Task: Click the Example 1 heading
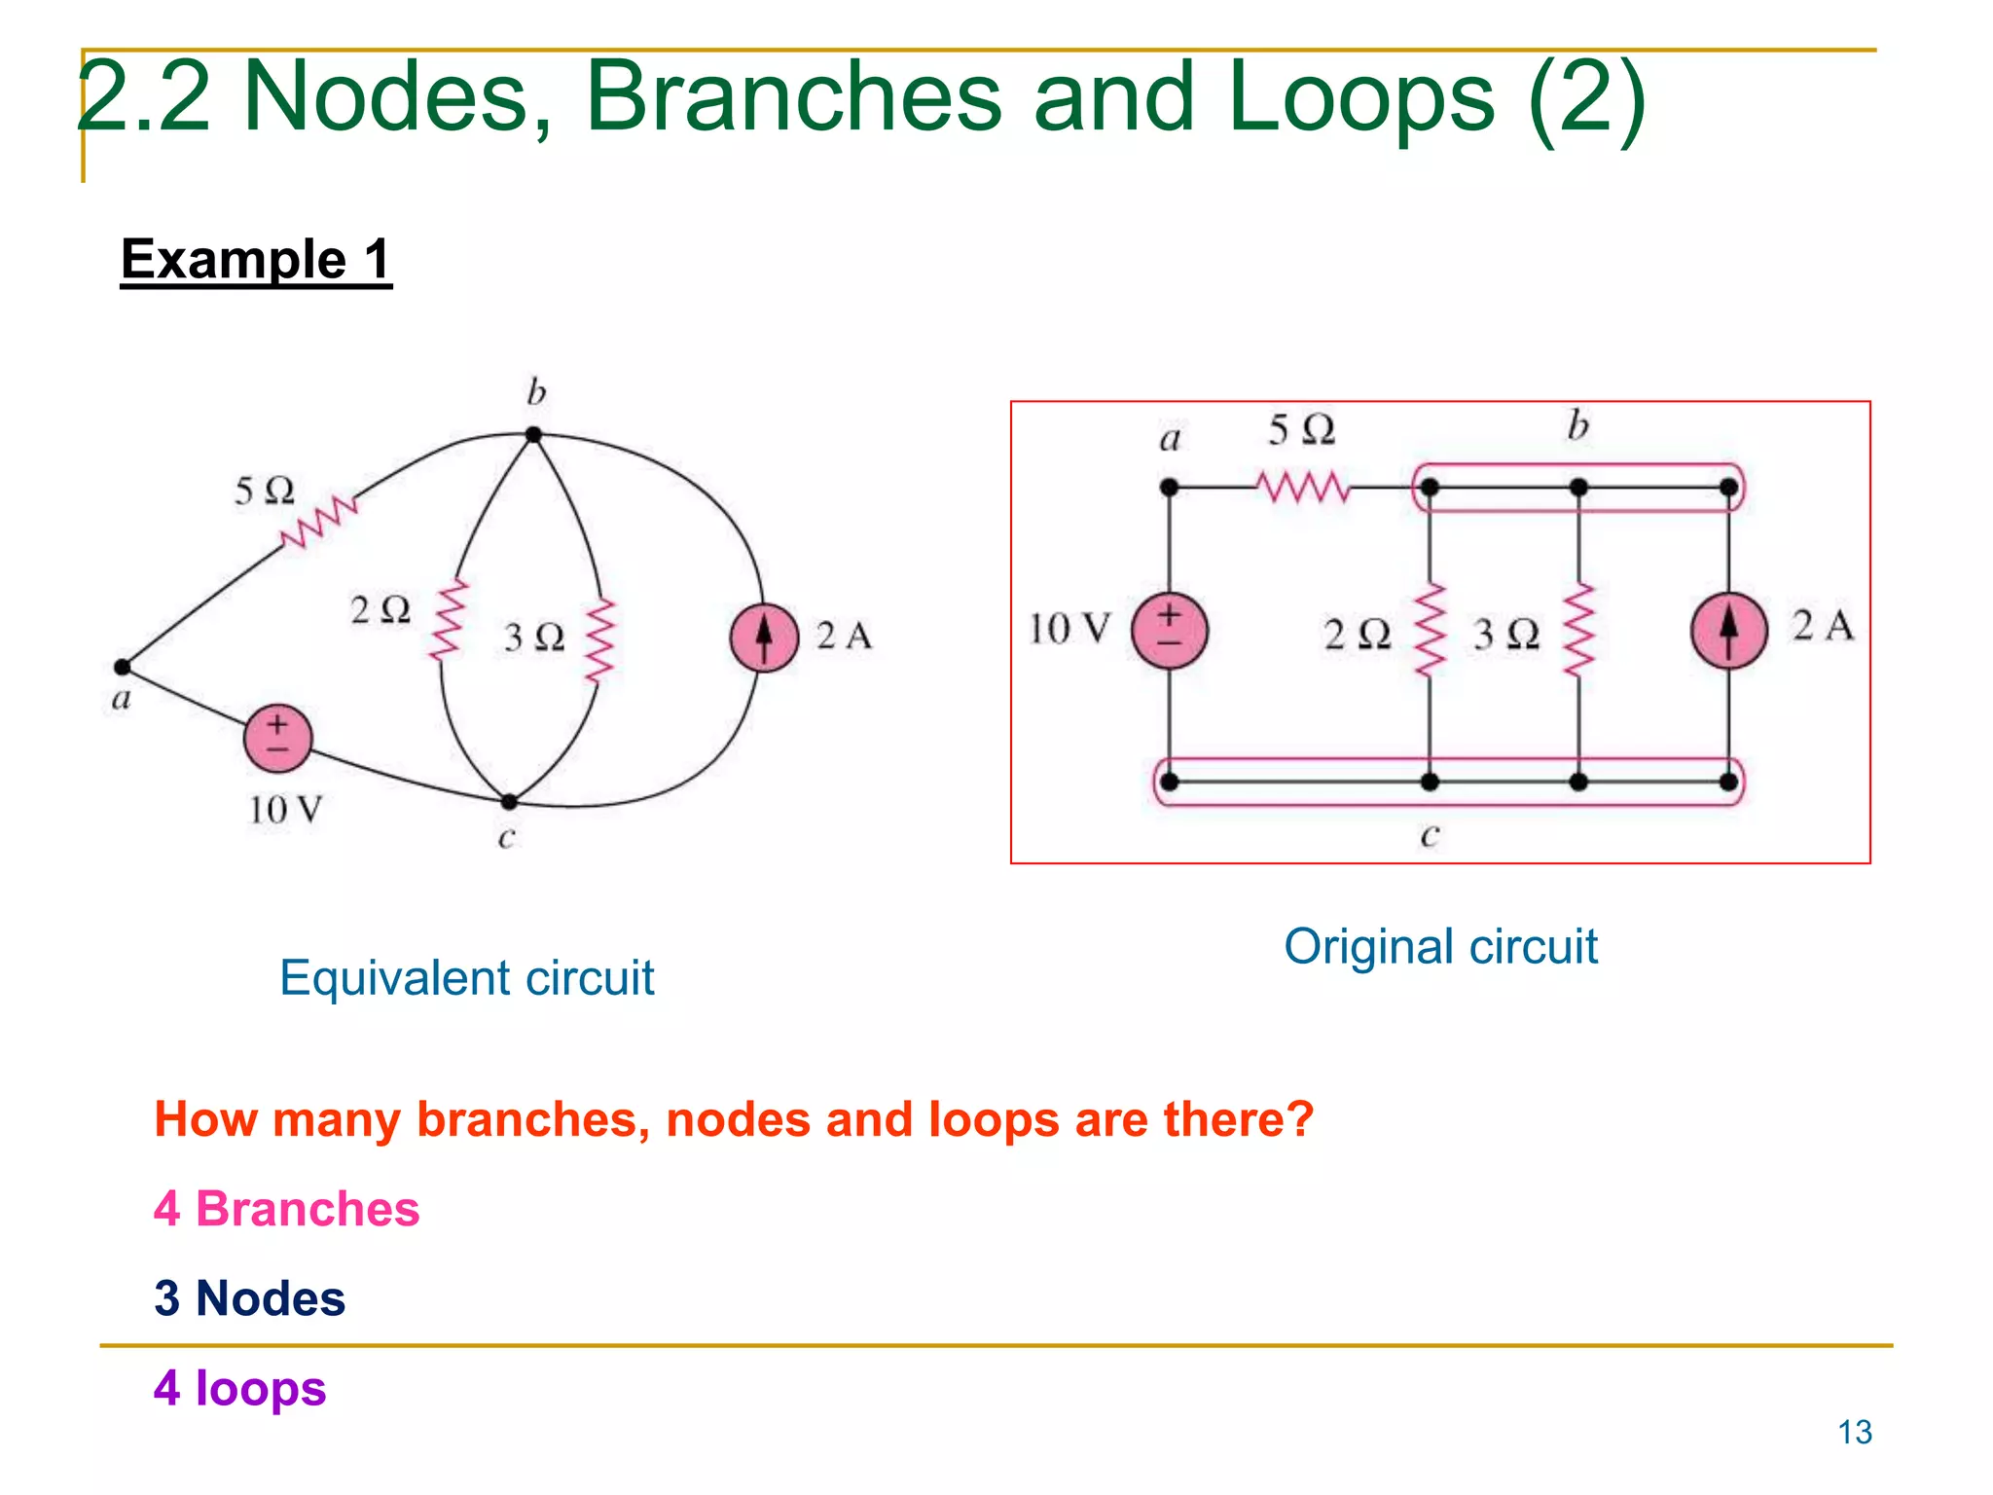(256, 260)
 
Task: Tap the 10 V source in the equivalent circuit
(278, 739)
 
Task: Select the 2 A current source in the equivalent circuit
(764, 637)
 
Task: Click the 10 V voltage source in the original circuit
(1169, 630)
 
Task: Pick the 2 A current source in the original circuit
(1728, 630)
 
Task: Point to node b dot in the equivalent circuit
(533, 434)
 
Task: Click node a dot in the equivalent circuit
(123, 667)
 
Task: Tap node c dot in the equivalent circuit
(509, 802)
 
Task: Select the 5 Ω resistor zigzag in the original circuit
(1302, 487)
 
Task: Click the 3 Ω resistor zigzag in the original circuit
(1578, 630)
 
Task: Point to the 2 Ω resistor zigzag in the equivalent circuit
(450, 621)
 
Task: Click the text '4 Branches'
(287, 1209)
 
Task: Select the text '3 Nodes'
(250, 1298)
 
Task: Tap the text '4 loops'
(239, 1388)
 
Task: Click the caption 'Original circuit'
(1440, 947)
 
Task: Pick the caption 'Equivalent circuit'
(466, 978)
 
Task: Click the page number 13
(1854, 1433)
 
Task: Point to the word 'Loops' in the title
(1359, 97)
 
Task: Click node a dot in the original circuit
(1170, 487)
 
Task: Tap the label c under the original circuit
(1429, 835)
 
